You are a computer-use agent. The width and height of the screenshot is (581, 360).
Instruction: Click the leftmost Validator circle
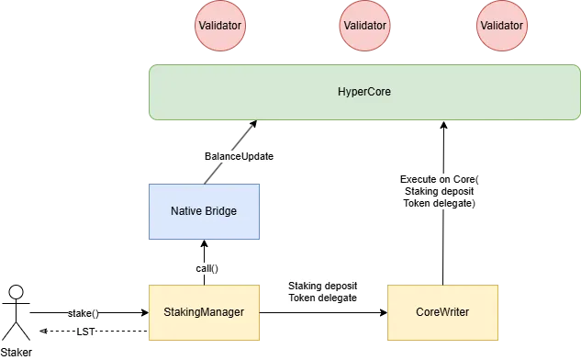tap(220, 25)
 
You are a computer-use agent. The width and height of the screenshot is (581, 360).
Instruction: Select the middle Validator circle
tap(364, 25)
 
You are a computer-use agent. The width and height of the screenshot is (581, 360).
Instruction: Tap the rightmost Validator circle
tap(503, 25)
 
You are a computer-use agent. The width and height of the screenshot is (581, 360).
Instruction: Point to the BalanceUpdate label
tap(240, 157)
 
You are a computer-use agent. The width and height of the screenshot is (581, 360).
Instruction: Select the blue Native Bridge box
tap(204, 211)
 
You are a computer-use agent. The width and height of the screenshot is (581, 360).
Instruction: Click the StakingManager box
tap(204, 312)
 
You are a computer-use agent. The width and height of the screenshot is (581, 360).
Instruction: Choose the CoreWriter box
tap(443, 312)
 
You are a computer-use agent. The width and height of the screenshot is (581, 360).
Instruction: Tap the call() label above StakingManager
tap(206, 268)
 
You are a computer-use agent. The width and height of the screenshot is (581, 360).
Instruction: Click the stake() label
tap(84, 313)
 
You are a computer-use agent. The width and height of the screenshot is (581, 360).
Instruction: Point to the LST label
tap(85, 332)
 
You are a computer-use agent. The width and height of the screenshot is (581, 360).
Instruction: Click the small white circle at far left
tap(16, 293)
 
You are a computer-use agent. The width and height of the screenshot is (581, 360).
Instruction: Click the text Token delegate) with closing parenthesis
tap(440, 203)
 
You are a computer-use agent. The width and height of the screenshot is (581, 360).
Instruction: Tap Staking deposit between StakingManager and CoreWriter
tap(322, 286)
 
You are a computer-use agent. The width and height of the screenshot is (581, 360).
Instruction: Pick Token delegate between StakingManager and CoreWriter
tap(322, 298)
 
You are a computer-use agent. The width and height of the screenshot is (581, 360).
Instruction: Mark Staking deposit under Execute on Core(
tap(440, 190)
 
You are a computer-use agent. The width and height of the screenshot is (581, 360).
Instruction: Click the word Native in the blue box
tap(188, 211)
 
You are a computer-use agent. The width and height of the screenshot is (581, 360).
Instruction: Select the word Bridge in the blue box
tap(221, 211)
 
